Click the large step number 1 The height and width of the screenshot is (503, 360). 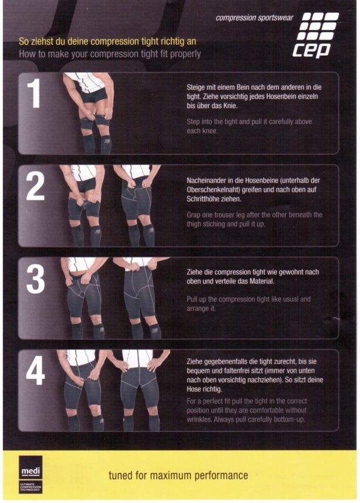point(33,93)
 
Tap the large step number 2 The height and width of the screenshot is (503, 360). point(35,186)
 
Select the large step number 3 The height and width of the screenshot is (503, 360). point(35,279)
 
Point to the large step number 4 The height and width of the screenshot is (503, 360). point(35,371)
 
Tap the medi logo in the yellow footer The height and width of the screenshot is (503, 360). point(30,474)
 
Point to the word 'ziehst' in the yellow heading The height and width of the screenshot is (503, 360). point(42,42)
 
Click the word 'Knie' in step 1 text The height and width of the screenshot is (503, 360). point(230,106)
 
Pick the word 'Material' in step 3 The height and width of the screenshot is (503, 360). point(263,281)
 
